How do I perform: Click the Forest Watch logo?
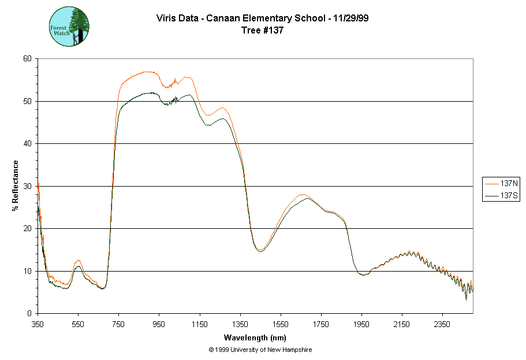coord(69,27)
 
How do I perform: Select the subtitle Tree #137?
coord(262,31)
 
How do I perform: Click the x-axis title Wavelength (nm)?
coord(256,337)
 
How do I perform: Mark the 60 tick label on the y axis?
coord(27,59)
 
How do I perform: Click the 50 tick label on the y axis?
coord(27,101)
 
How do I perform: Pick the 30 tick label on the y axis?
coord(27,186)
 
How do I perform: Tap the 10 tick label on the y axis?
coord(27,271)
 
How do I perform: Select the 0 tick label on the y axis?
coord(29,314)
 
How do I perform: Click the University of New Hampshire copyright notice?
coord(260,350)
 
